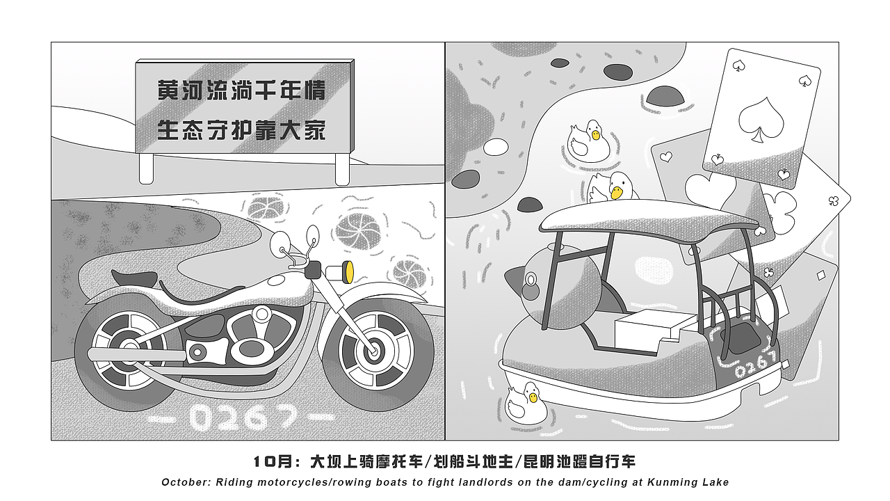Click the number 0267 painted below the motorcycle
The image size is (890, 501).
tap(241, 417)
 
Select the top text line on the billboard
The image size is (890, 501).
tap(241, 90)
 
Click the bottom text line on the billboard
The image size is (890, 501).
tap(241, 130)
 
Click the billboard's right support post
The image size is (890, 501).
tap(342, 168)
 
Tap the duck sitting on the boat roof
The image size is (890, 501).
tap(614, 188)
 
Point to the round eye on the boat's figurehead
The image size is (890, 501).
tap(531, 281)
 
